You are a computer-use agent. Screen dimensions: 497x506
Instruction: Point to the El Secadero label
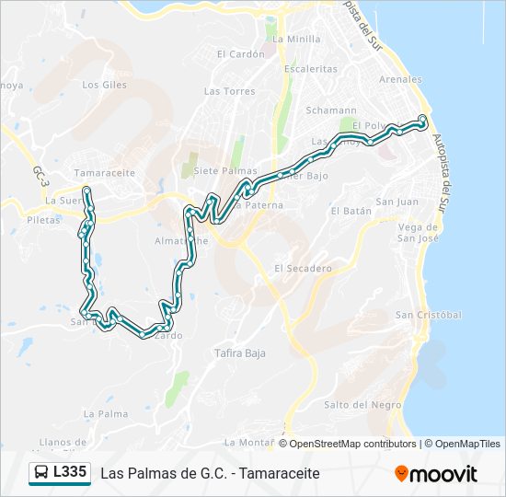[x=303, y=269]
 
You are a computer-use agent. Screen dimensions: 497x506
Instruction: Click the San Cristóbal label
[x=428, y=315]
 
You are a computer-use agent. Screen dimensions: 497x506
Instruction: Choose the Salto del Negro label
[x=363, y=405]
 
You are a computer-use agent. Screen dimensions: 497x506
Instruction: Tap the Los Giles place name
[x=103, y=85]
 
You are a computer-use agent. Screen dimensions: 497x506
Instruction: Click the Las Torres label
[x=229, y=91]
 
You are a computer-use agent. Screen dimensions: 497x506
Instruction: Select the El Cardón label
[x=240, y=53]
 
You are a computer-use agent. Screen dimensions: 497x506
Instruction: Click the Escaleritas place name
[x=311, y=68]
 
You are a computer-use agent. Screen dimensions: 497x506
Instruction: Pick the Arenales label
[x=400, y=80]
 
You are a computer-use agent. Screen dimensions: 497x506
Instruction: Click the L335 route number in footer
[x=70, y=473]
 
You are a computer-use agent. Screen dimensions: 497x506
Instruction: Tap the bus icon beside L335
[x=40, y=473]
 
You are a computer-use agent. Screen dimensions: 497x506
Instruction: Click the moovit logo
[x=436, y=474]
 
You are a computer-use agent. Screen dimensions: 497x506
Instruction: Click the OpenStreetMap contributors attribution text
[x=352, y=444]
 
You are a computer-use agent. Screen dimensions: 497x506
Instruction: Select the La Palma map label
[x=106, y=414]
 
